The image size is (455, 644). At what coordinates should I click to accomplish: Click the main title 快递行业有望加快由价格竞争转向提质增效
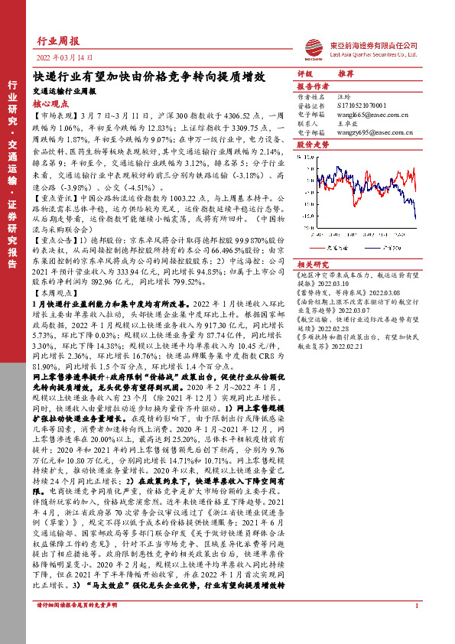pos(149,76)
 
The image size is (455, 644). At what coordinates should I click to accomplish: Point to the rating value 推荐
pos(346,76)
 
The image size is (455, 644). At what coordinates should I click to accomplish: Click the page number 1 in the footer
pos(415,627)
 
